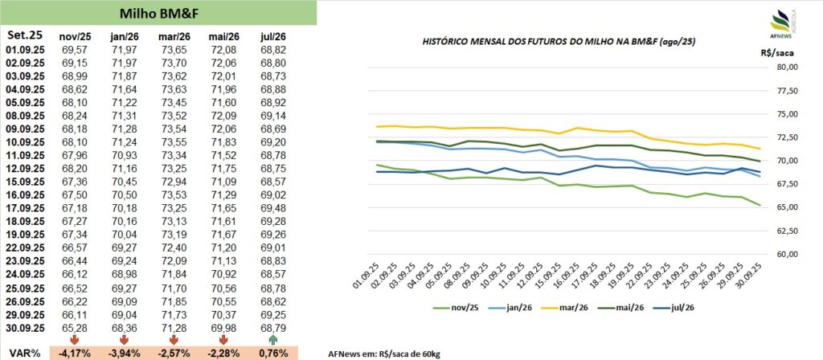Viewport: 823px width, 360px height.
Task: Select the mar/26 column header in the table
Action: pos(175,36)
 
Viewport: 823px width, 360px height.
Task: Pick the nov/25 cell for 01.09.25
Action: pos(74,50)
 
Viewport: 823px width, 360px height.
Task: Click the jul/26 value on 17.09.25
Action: pos(275,207)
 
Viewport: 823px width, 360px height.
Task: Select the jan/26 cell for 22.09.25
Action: pos(125,247)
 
